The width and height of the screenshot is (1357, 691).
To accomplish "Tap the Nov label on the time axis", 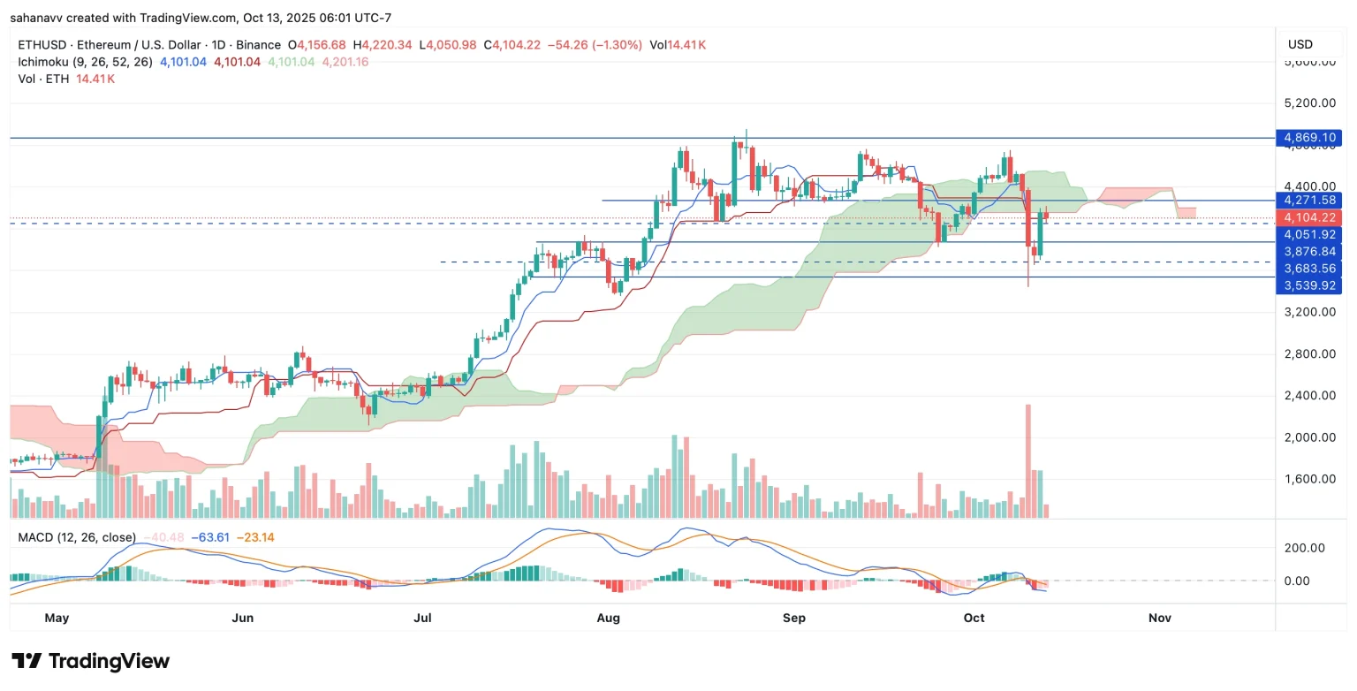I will pos(1159,619).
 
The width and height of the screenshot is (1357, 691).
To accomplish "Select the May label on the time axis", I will pos(56,619).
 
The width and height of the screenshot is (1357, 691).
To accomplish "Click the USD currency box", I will pos(1300,44).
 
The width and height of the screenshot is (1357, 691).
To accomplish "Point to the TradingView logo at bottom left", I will pos(90,661).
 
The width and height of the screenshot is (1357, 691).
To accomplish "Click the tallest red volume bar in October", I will pos(1028,459).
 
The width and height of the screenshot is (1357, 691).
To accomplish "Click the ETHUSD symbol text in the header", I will pos(42,44).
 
